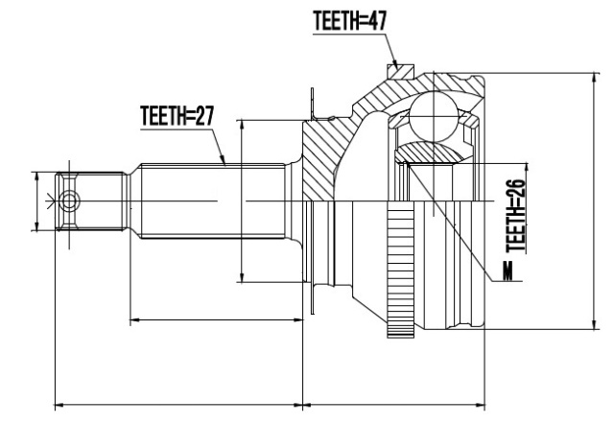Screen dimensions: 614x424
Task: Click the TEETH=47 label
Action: pos(349,21)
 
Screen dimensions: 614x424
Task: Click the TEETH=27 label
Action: pos(177,115)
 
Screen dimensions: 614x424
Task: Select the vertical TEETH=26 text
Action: pos(515,216)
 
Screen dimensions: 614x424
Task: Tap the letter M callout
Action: pos(508,271)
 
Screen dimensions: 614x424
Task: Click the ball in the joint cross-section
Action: pos(434,116)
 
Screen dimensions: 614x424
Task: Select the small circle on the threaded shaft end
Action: pos(69,201)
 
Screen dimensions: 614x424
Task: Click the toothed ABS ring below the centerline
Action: pos(400,270)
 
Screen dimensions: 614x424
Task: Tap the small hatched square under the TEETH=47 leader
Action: pos(400,72)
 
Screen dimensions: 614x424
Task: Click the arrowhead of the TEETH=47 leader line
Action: pos(395,66)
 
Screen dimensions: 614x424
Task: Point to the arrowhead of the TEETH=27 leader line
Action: pos(224,159)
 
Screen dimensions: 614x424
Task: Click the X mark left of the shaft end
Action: pos(50,201)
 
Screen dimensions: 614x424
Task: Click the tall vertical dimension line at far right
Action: pos(595,201)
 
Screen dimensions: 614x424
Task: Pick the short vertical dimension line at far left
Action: pos(36,201)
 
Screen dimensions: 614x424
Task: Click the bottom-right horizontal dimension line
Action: pos(394,404)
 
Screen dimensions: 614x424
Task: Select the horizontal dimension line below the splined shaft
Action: pos(217,319)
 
